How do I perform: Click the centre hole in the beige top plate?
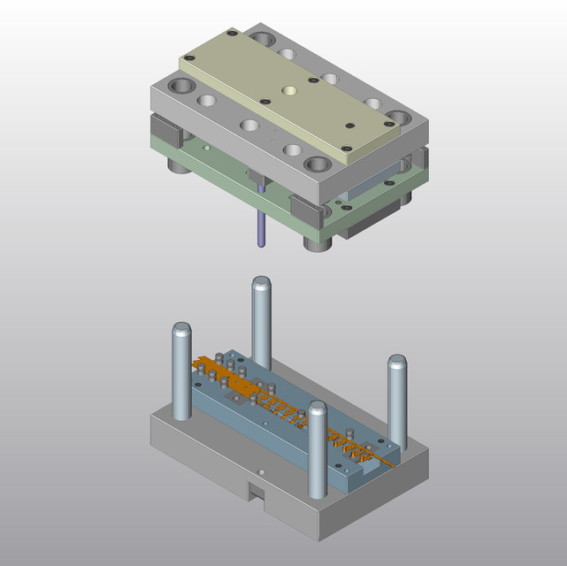pos(289,90)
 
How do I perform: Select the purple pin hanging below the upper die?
pos(261,221)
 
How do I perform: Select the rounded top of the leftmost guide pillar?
pos(180,331)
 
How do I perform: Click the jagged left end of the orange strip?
pos(199,362)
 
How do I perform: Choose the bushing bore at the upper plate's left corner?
pos(181,87)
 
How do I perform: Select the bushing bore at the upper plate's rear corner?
pos(263,40)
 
